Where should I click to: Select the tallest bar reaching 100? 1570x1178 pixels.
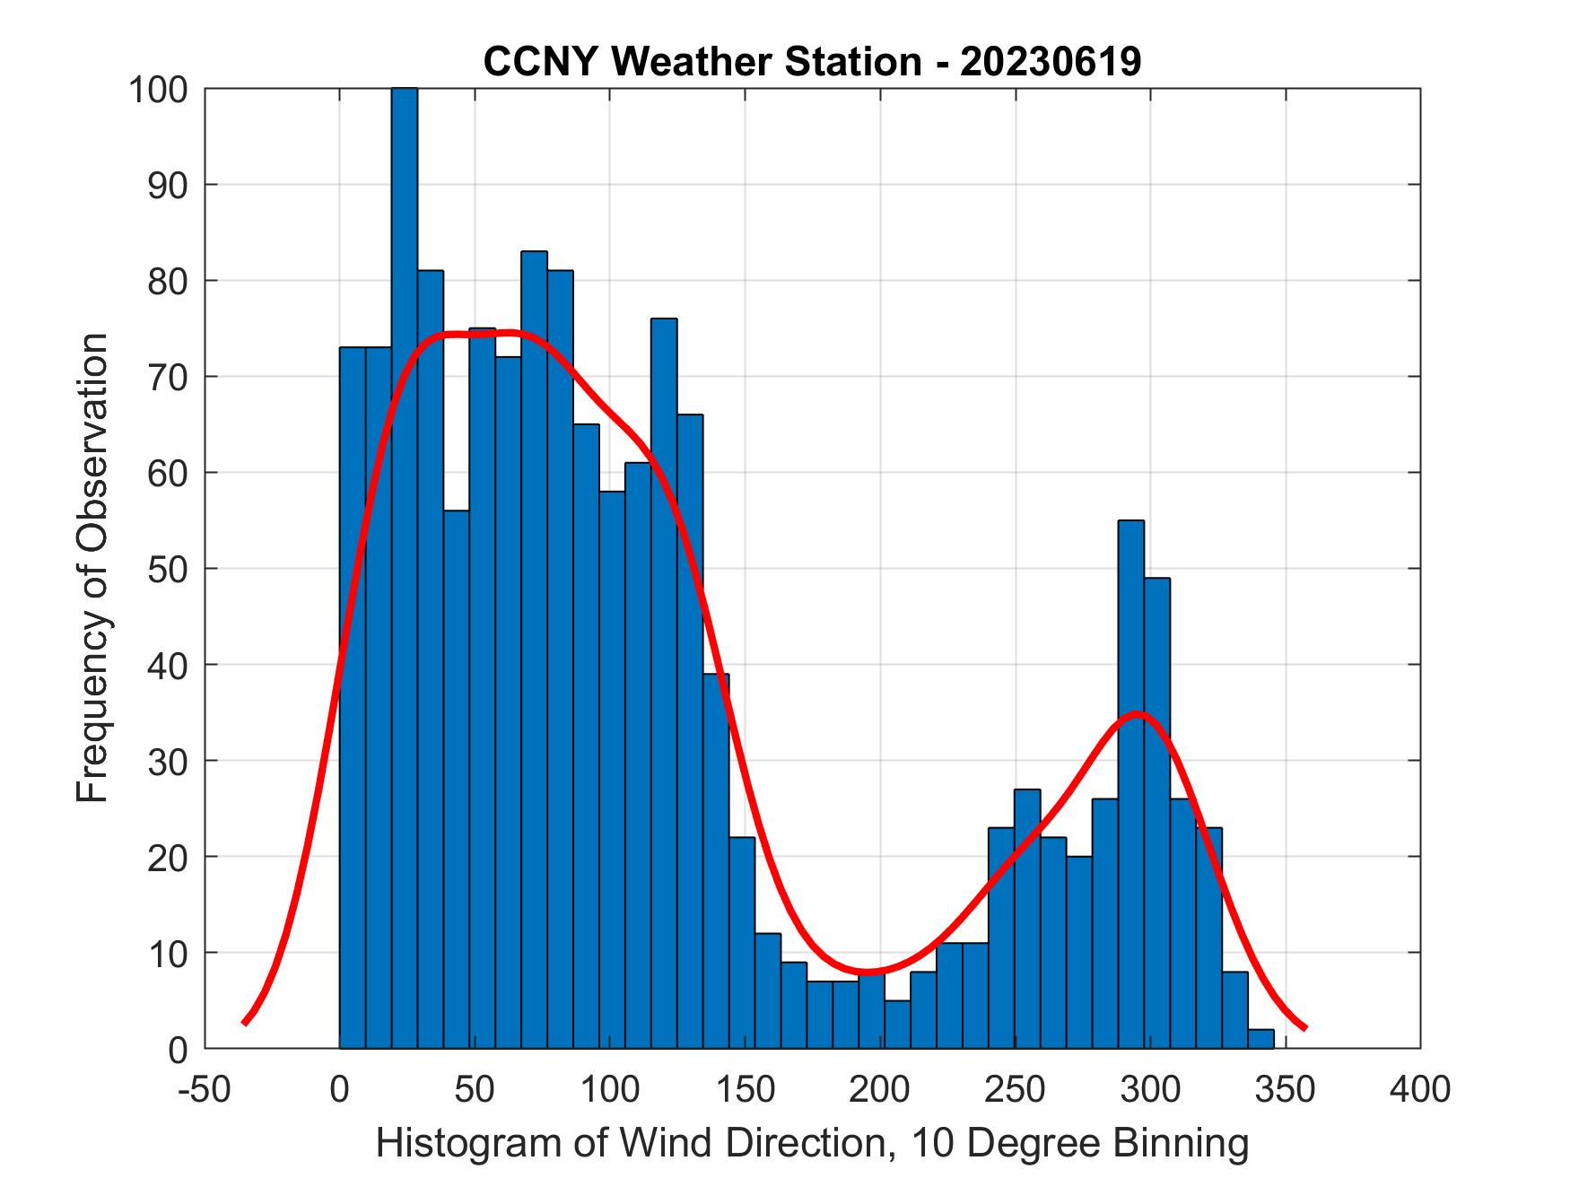coord(405,538)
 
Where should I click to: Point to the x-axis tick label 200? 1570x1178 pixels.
coord(880,1089)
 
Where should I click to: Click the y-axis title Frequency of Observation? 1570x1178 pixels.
coord(92,569)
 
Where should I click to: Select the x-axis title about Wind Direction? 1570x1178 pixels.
coord(812,1143)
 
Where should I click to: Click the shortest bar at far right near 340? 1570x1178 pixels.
coord(1260,1038)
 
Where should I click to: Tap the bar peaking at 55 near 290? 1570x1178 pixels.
coord(1130,781)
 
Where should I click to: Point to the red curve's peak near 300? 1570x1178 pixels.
coord(1138,713)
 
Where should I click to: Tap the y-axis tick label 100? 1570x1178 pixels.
coord(158,90)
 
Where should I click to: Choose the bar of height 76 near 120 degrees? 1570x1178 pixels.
coord(664,682)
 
